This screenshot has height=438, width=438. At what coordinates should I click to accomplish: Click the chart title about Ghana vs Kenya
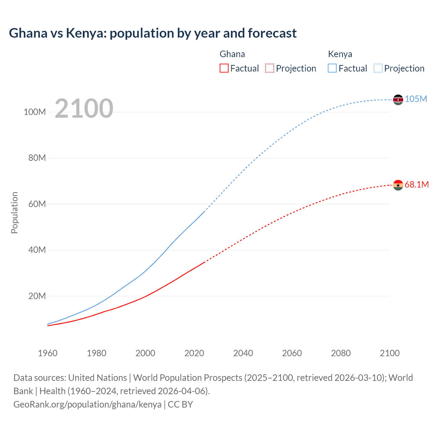153,33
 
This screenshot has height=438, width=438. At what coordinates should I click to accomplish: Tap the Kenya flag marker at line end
398,100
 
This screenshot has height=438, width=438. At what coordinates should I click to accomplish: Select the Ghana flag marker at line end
398,185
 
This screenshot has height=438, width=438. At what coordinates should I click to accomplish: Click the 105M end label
416,99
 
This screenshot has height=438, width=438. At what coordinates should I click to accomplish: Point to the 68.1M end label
416,185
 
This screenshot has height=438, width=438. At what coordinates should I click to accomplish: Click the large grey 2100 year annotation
84,108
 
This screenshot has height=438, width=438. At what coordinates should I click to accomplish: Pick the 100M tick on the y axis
35,112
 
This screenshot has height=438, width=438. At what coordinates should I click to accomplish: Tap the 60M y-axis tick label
37,204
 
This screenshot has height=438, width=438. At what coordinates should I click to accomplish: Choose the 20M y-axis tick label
37,296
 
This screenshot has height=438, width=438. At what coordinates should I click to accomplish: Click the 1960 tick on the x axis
48,353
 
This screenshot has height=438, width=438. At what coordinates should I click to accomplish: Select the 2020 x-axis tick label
194,353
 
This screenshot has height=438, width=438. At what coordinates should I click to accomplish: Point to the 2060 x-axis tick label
292,353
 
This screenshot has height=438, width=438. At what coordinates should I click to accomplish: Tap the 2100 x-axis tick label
389,353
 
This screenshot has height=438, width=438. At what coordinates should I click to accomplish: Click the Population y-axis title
14,213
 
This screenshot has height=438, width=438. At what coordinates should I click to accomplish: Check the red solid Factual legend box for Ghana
224,68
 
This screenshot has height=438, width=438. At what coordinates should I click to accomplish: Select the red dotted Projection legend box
270,68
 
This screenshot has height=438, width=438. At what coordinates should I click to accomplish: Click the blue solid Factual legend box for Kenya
332,68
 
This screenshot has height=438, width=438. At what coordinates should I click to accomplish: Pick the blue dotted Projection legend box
378,68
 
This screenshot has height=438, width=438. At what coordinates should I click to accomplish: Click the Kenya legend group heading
340,54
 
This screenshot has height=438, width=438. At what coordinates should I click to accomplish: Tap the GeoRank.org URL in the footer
87,404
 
